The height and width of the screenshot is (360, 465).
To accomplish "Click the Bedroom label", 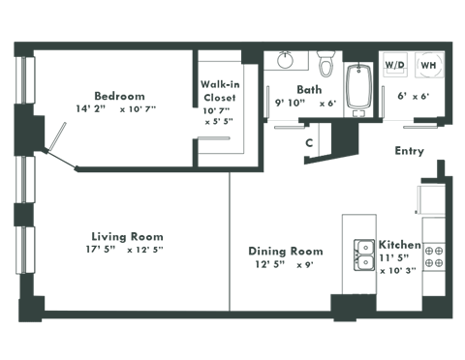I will point(119,96).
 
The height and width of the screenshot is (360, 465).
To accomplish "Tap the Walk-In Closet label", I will point(221,90).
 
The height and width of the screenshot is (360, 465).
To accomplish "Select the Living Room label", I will point(127,237).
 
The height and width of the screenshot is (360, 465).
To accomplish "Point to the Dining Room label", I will point(286,252).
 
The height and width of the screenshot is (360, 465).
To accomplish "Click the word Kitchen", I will point(398,246).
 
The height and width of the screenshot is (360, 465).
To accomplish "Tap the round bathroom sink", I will point(286,60).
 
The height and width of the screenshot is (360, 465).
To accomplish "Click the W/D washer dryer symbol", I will point(396,64).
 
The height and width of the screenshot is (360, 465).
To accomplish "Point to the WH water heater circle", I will point(427,64).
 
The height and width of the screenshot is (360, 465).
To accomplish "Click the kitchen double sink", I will point(365,255).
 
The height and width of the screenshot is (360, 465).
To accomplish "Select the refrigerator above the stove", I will point(427,199).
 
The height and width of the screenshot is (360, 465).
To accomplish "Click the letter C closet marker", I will point(308,142).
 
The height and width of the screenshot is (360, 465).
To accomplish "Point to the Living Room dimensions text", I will point(124,251).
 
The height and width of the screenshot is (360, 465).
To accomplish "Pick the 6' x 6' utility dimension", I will point(412,97).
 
